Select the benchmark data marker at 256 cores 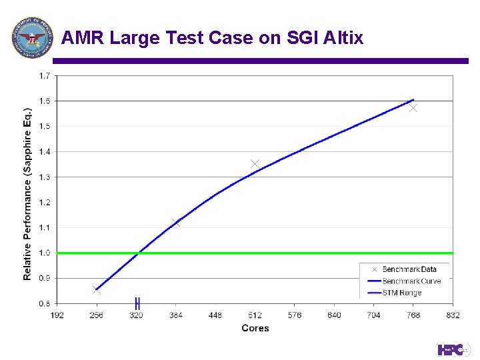[x=97, y=290]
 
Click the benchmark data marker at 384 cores [x=176, y=223]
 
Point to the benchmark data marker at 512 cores [x=255, y=163]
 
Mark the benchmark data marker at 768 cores [x=413, y=107]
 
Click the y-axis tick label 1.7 [x=43, y=75]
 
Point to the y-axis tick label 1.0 [x=43, y=253]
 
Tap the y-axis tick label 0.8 [x=43, y=303]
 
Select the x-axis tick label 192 [x=57, y=315]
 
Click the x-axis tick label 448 [x=215, y=315]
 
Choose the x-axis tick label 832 [x=453, y=315]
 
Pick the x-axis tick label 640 [x=334, y=315]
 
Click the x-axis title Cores [x=255, y=328]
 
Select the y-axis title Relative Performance [x=28, y=193]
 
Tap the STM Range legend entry [x=401, y=293]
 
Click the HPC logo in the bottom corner [x=453, y=349]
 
